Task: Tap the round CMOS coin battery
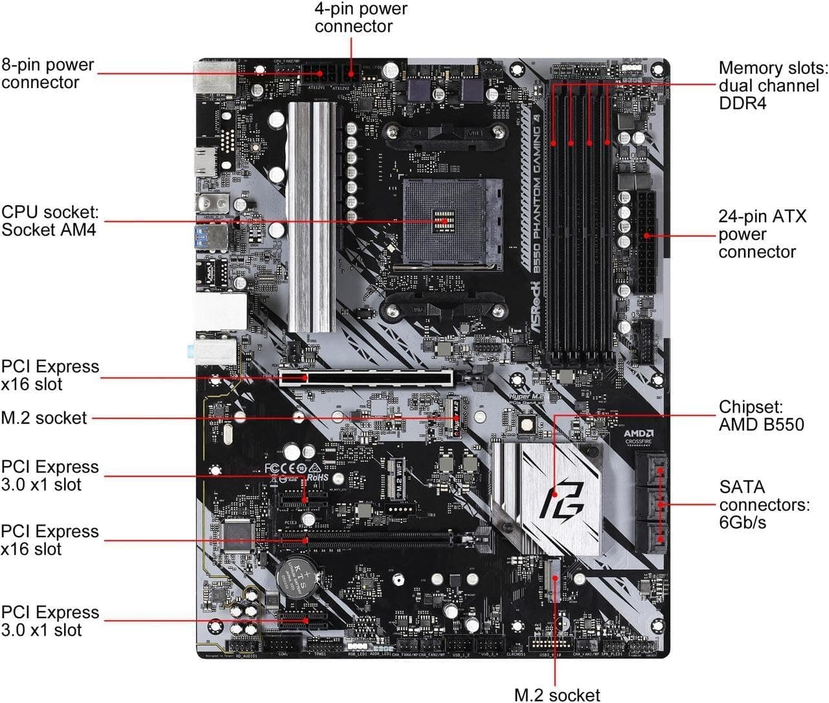[299, 574]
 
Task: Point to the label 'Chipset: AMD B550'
[761, 416]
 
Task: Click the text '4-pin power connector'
[361, 17]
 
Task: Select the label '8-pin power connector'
[48, 73]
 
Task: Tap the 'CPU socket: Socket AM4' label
[49, 221]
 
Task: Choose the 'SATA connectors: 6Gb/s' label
[764, 504]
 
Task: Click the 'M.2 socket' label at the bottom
[557, 694]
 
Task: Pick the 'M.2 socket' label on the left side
[44, 418]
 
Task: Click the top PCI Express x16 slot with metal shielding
[365, 377]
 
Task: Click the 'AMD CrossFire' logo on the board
[638, 436]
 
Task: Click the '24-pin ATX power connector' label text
[762, 234]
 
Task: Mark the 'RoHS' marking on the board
[317, 477]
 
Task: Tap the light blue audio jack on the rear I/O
[190, 350]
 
